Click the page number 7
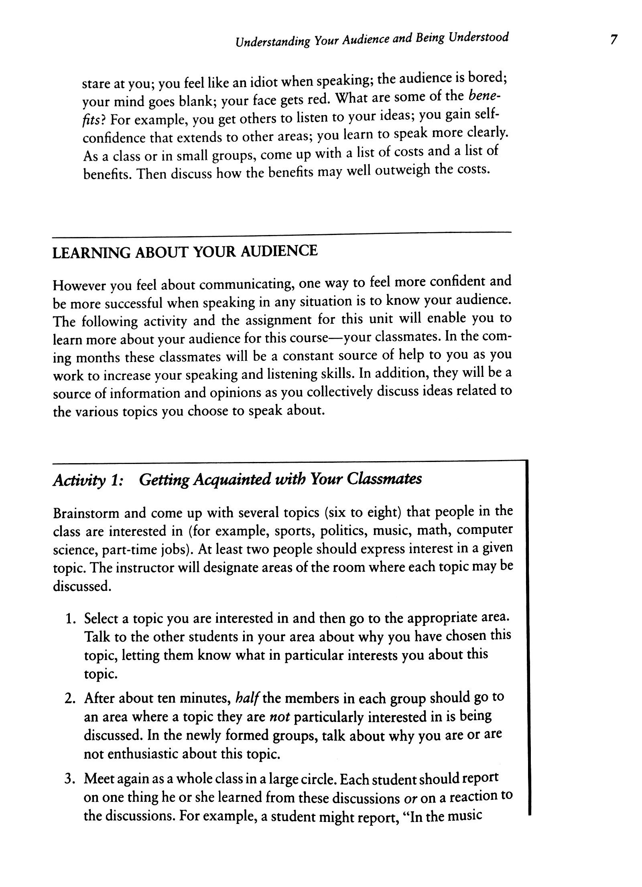click(x=613, y=41)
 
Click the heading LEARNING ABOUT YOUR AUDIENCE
click(x=185, y=252)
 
